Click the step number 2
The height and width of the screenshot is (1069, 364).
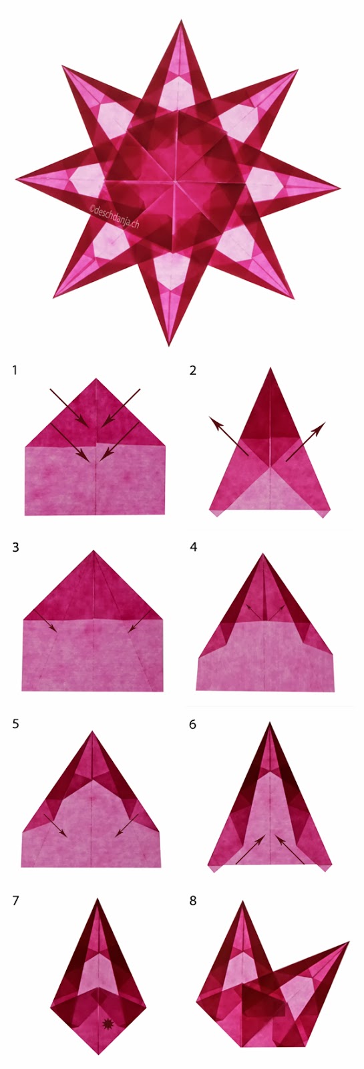(193, 369)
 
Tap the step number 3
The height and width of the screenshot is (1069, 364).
(15, 547)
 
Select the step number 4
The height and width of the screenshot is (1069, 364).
(193, 547)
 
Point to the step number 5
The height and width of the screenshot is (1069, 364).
(15, 724)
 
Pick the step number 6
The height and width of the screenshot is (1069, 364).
(193, 724)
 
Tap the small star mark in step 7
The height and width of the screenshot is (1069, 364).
(106, 1022)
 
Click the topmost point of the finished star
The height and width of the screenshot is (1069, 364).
(180, 21)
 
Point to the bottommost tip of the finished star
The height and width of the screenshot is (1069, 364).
(169, 345)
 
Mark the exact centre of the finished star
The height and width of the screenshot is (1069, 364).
(176, 181)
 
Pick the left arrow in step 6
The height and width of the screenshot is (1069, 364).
(250, 849)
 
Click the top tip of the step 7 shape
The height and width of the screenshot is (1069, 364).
(99, 899)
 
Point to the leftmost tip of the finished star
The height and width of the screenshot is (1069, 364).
(17, 179)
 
